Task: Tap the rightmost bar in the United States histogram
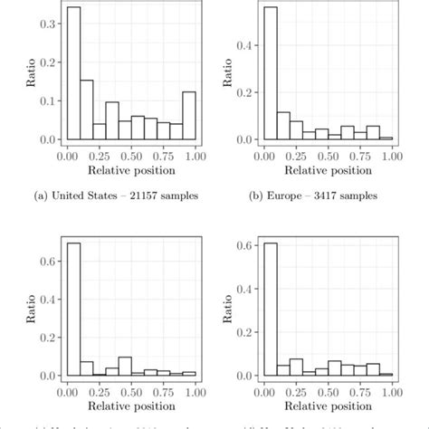pos(188,116)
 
